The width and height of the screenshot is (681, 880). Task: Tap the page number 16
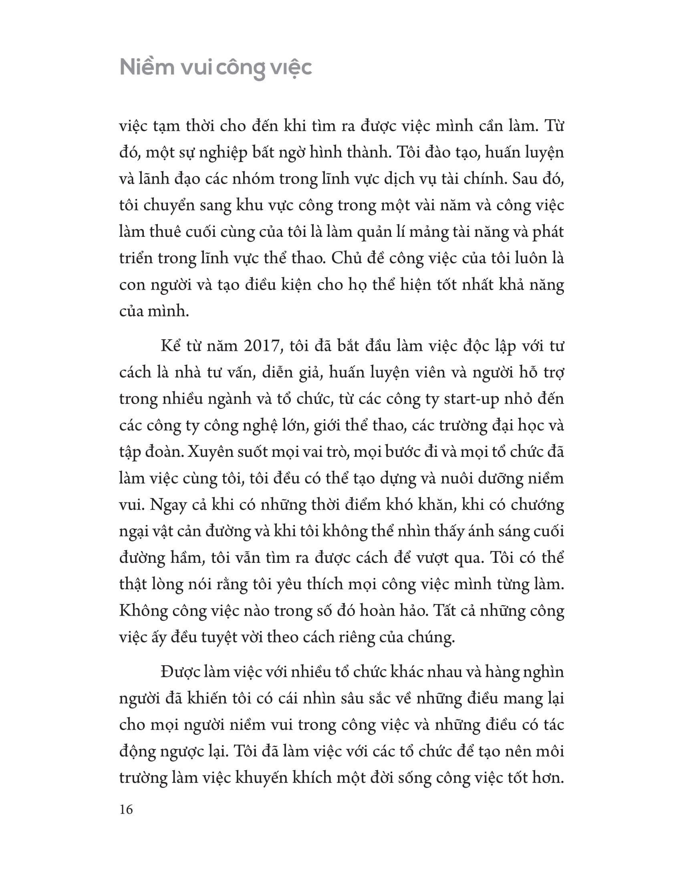click(126, 810)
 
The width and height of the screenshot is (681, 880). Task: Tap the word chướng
click(536, 505)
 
